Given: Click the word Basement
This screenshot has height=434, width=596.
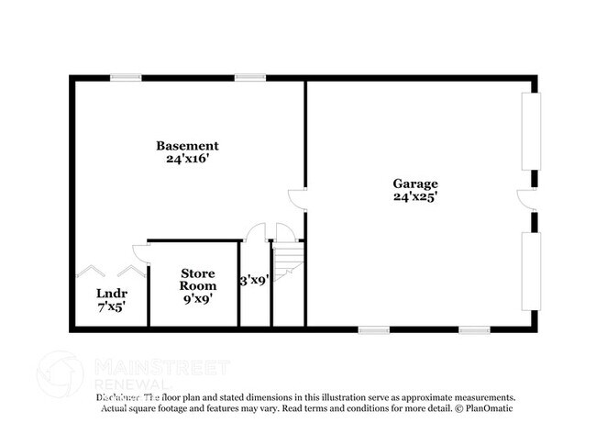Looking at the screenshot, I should click(187, 146).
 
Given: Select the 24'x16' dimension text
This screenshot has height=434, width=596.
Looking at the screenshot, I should click(187, 159).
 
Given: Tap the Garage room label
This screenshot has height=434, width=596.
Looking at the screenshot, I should click(415, 184).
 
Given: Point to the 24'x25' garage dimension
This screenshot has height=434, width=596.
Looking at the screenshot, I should click(415, 196).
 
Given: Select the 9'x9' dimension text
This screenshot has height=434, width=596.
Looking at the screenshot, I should click(198, 299).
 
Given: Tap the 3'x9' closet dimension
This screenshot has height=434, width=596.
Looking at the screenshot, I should click(254, 281).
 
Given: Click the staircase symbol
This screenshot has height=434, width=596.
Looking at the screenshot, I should click(288, 259).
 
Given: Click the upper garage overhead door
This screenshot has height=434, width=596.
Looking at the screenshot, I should click(528, 130).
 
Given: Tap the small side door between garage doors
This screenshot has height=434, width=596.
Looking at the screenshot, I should click(526, 200).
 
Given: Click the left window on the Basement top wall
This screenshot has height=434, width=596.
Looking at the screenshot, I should click(126, 78).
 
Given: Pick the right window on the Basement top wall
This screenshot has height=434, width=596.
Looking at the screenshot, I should click(249, 78).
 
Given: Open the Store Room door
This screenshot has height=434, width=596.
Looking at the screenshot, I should click(138, 250).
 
